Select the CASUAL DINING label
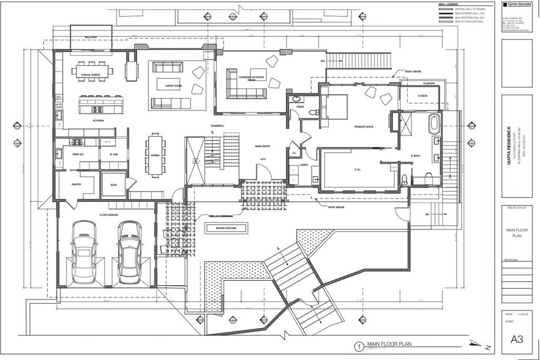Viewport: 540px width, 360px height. [x=91, y=75]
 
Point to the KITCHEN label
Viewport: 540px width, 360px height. [x=98, y=121]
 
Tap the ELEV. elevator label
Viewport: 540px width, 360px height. [x=113, y=185]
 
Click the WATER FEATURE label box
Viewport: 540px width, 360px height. [x=222, y=228]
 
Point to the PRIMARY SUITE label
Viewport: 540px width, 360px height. [x=363, y=127]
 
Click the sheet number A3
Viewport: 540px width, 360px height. [x=516, y=340]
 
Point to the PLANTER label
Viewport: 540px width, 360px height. [x=428, y=83]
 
